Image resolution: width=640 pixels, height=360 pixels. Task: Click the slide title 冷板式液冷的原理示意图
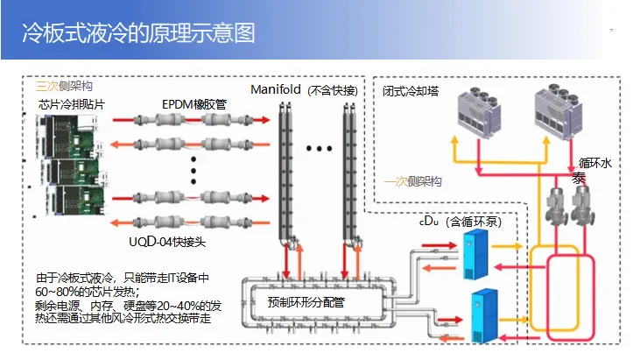pyautogui.click(x=138, y=33)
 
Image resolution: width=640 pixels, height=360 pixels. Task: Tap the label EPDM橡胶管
pyautogui.click(x=193, y=104)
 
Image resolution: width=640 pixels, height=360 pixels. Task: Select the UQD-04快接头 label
pyautogui.click(x=167, y=242)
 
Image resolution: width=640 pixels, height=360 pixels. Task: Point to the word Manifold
pyautogui.click(x=276, y=89)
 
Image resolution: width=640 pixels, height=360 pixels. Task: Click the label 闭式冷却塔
pyautogui.click(x=411, y=91)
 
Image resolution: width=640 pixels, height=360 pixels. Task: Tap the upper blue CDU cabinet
pyautogui.click(x=475, y=255)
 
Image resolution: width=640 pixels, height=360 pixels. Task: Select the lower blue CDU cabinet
pyautogui.click(x=484, y=315)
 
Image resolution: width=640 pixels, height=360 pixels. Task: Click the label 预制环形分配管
pyautogui.click(x=306, y=302)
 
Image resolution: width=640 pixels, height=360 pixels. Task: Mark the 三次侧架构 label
pyautogui.click(x=64, y=86)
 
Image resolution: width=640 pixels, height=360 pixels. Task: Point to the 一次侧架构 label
pyautogui.click(x=412, y=181)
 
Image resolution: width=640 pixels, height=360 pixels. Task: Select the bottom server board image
pyautogui.click(x=75, y=200)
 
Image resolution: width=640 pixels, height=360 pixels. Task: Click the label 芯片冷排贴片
pyautogui.click(x=72, y=104)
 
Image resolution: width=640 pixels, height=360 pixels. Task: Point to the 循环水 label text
pyautogui.click(x=595, y=163)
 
